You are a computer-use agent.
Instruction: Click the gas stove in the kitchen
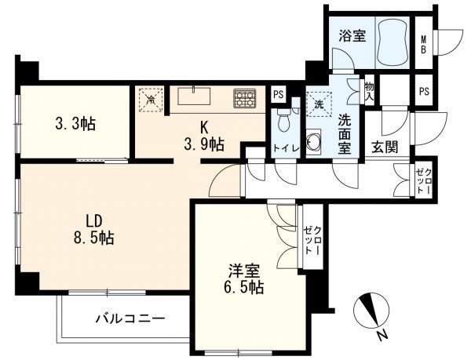coord(244,99)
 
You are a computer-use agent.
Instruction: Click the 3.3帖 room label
coord(75,123)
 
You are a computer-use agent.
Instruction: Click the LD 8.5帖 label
coord(90,228)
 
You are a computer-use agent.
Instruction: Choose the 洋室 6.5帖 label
coord(243,280)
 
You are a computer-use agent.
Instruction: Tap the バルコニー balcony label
coord(130,318)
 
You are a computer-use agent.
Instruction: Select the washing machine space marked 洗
coord(319,104)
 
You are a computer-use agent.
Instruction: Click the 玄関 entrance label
coord(384,147)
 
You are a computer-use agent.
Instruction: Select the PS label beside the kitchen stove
coord(277,95)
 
